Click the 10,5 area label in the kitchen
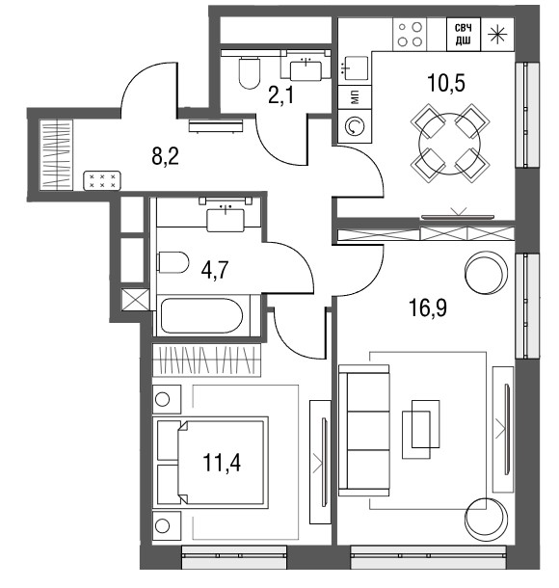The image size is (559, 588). pyautogui.click(x=446, y=83)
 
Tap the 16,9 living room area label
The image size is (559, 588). pyautogui.click(x=428, y=307)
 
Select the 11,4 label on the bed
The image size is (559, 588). pyautogui.click(x=222, y=463)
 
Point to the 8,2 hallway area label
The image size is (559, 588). pyautogui.click(x=166, y=156)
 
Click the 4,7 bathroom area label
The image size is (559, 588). pyautogui.click(x=215, y=270)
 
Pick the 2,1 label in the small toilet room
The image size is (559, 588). pyautogui.click(x=281, y=96)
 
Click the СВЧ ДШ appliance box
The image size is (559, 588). pyautogui.click(x=464, y=34)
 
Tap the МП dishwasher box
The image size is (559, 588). pyautogui.click(x=355, y=97)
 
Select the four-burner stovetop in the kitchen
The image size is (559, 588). pyautogui.click(x=410, y=34)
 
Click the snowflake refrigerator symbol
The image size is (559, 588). pyautogui.click(x=497, y=34)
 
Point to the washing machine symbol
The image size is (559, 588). pyautogui.click(x=355, y=126)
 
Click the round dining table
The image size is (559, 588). pyautogui.click(x=450, y=143)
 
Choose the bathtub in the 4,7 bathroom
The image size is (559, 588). pyautogui.click(x=201, y=315)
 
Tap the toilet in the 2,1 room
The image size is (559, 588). pyautogui.click(x=249, y=72)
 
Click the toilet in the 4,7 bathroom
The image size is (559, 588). pyautogui.click(x=173, y=262)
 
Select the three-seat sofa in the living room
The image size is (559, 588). pyautogui.click(x=363, y=431)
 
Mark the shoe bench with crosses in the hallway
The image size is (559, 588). pyautogui.click(x=102, y=180)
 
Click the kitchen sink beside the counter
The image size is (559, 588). pyautogui.click(x=355, y=67)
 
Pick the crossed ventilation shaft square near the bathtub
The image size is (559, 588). pyautogui.click(x=135, y=299)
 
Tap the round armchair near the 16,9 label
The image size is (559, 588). pyautogui.click(x=486, y=273)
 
